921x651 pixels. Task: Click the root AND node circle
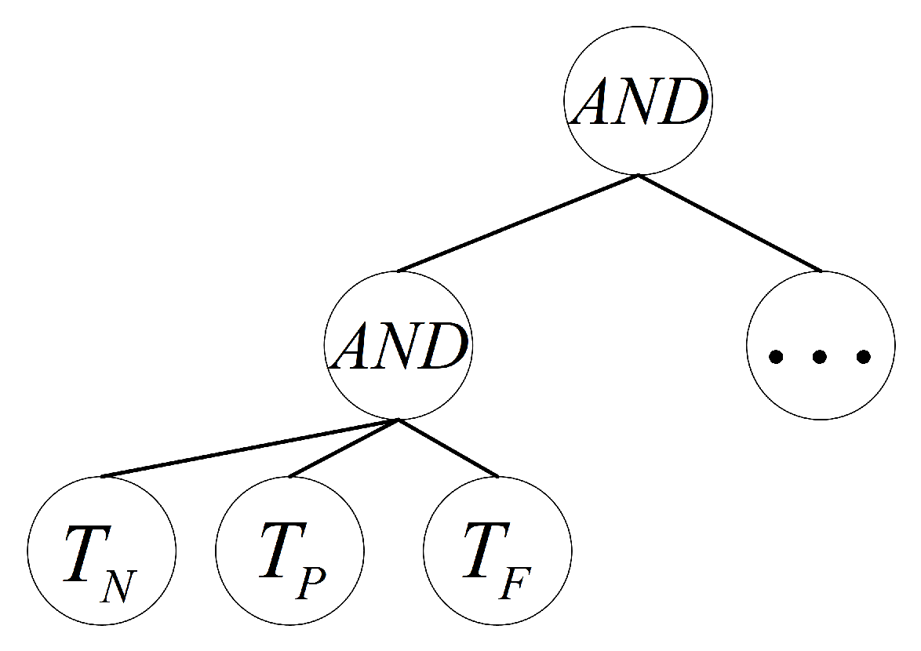638,101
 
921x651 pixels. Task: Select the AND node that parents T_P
399,345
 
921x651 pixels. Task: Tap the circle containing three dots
821,345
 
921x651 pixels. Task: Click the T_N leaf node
101,550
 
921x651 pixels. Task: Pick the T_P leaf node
289,550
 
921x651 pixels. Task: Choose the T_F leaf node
497,550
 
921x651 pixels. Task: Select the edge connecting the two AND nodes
518,223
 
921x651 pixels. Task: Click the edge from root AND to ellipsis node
730,223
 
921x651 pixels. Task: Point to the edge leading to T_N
249,448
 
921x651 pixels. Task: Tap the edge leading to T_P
344,448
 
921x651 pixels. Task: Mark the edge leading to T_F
448,448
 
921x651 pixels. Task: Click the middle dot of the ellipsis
820,358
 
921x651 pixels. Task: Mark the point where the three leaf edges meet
399,420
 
